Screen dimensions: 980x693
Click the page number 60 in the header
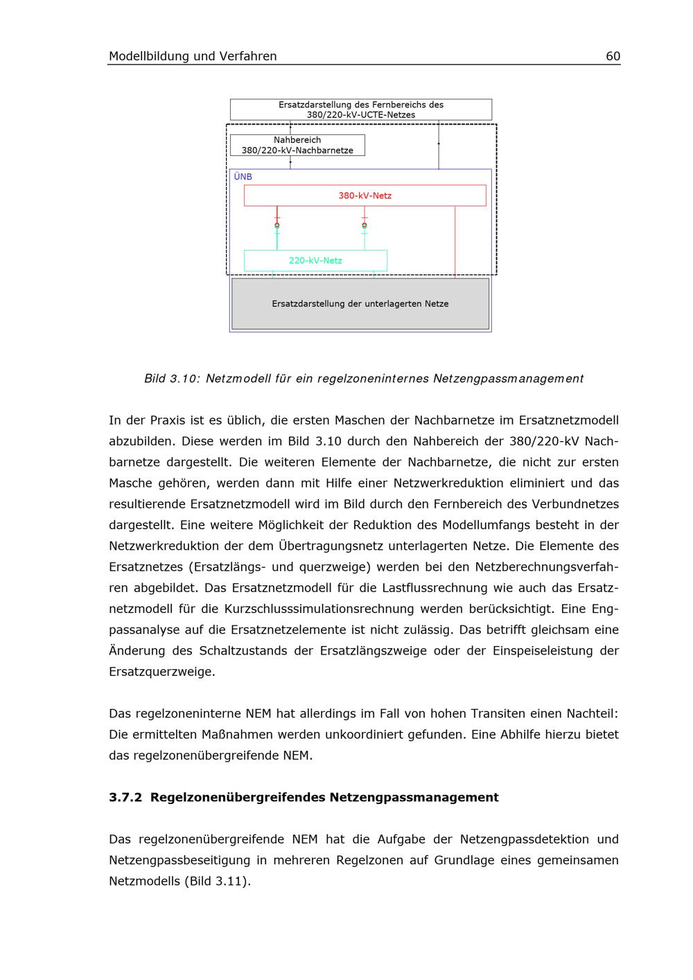coord(613,57)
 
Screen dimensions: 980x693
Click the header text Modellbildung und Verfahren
coord(193,57)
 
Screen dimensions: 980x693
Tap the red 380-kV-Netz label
coord(365,196)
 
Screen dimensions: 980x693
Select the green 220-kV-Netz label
coord(315,261)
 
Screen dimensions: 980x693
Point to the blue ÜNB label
coord(243,177)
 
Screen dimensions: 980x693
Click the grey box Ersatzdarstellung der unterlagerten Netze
coord(360,304)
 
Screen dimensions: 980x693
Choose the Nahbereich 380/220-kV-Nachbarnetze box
coord(297,145)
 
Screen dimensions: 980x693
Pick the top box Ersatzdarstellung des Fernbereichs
coord(361,109)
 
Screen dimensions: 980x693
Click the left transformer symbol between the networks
coord(277,225)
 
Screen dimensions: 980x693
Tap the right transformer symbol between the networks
coord(365,225)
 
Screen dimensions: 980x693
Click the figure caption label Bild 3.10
coord(172,379)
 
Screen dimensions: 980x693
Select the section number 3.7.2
coord(125,797)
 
